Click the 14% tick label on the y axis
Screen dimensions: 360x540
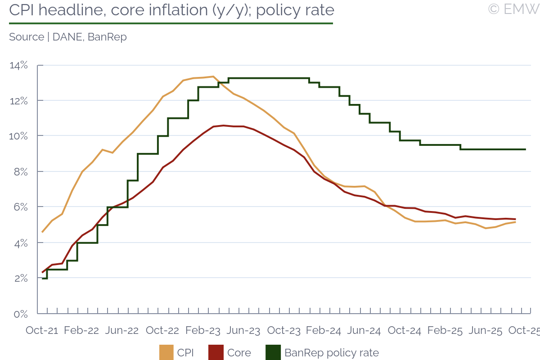point(19,66)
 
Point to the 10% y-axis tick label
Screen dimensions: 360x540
point(19,136)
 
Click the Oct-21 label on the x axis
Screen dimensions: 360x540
point(42,331)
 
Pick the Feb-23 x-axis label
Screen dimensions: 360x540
point(203,331)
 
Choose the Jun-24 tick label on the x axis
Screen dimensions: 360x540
point(364,331)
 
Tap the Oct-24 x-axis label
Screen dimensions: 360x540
point(404,331)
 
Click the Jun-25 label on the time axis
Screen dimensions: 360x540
point(485,331)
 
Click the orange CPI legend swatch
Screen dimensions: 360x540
point(166,352)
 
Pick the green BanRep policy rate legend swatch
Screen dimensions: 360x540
point(273,352)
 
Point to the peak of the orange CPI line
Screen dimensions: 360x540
point(213,76)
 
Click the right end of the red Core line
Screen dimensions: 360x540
point(515,219)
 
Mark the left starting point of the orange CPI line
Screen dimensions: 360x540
point(42,232)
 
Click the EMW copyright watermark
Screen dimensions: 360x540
point(513,9)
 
